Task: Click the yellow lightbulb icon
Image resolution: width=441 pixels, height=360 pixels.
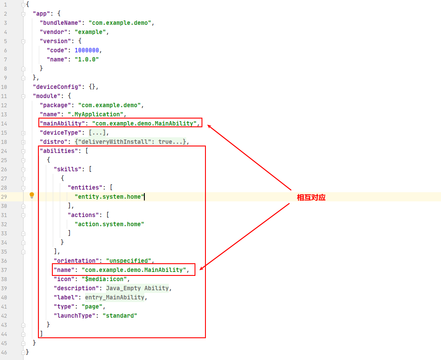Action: (x=32, y=195)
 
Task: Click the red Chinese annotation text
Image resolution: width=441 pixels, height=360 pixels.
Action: (x=311, y=197)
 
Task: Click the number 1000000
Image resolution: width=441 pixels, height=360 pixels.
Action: (x=87, y=50)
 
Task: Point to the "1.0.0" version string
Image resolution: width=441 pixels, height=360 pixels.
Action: (x=87, y=59)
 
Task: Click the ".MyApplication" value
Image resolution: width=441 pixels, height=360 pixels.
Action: (x=96, y=114)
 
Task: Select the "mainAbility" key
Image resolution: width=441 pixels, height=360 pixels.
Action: (x=62, y=123)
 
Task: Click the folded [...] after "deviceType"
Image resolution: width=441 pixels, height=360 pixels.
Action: (x=97, y=132)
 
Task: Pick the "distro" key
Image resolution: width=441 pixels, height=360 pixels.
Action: (x=52, y=142)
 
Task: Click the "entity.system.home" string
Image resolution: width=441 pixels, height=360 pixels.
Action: (x=109, y=197)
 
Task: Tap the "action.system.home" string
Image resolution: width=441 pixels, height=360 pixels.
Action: (x=109, y=224)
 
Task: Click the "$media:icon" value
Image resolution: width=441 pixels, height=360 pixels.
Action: (x=104, y=279)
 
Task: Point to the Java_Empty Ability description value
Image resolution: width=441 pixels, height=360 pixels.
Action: (x=137, y=289)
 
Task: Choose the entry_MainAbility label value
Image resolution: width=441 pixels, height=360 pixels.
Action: (x=114, y=297)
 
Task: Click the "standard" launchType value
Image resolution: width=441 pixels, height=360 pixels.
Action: (x=120, y=316)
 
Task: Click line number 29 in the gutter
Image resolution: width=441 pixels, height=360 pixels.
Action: (x=4, y=197)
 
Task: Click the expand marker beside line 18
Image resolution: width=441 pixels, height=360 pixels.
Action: (x=24, y=142)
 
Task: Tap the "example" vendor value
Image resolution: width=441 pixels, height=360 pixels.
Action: (x=90, y=32)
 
